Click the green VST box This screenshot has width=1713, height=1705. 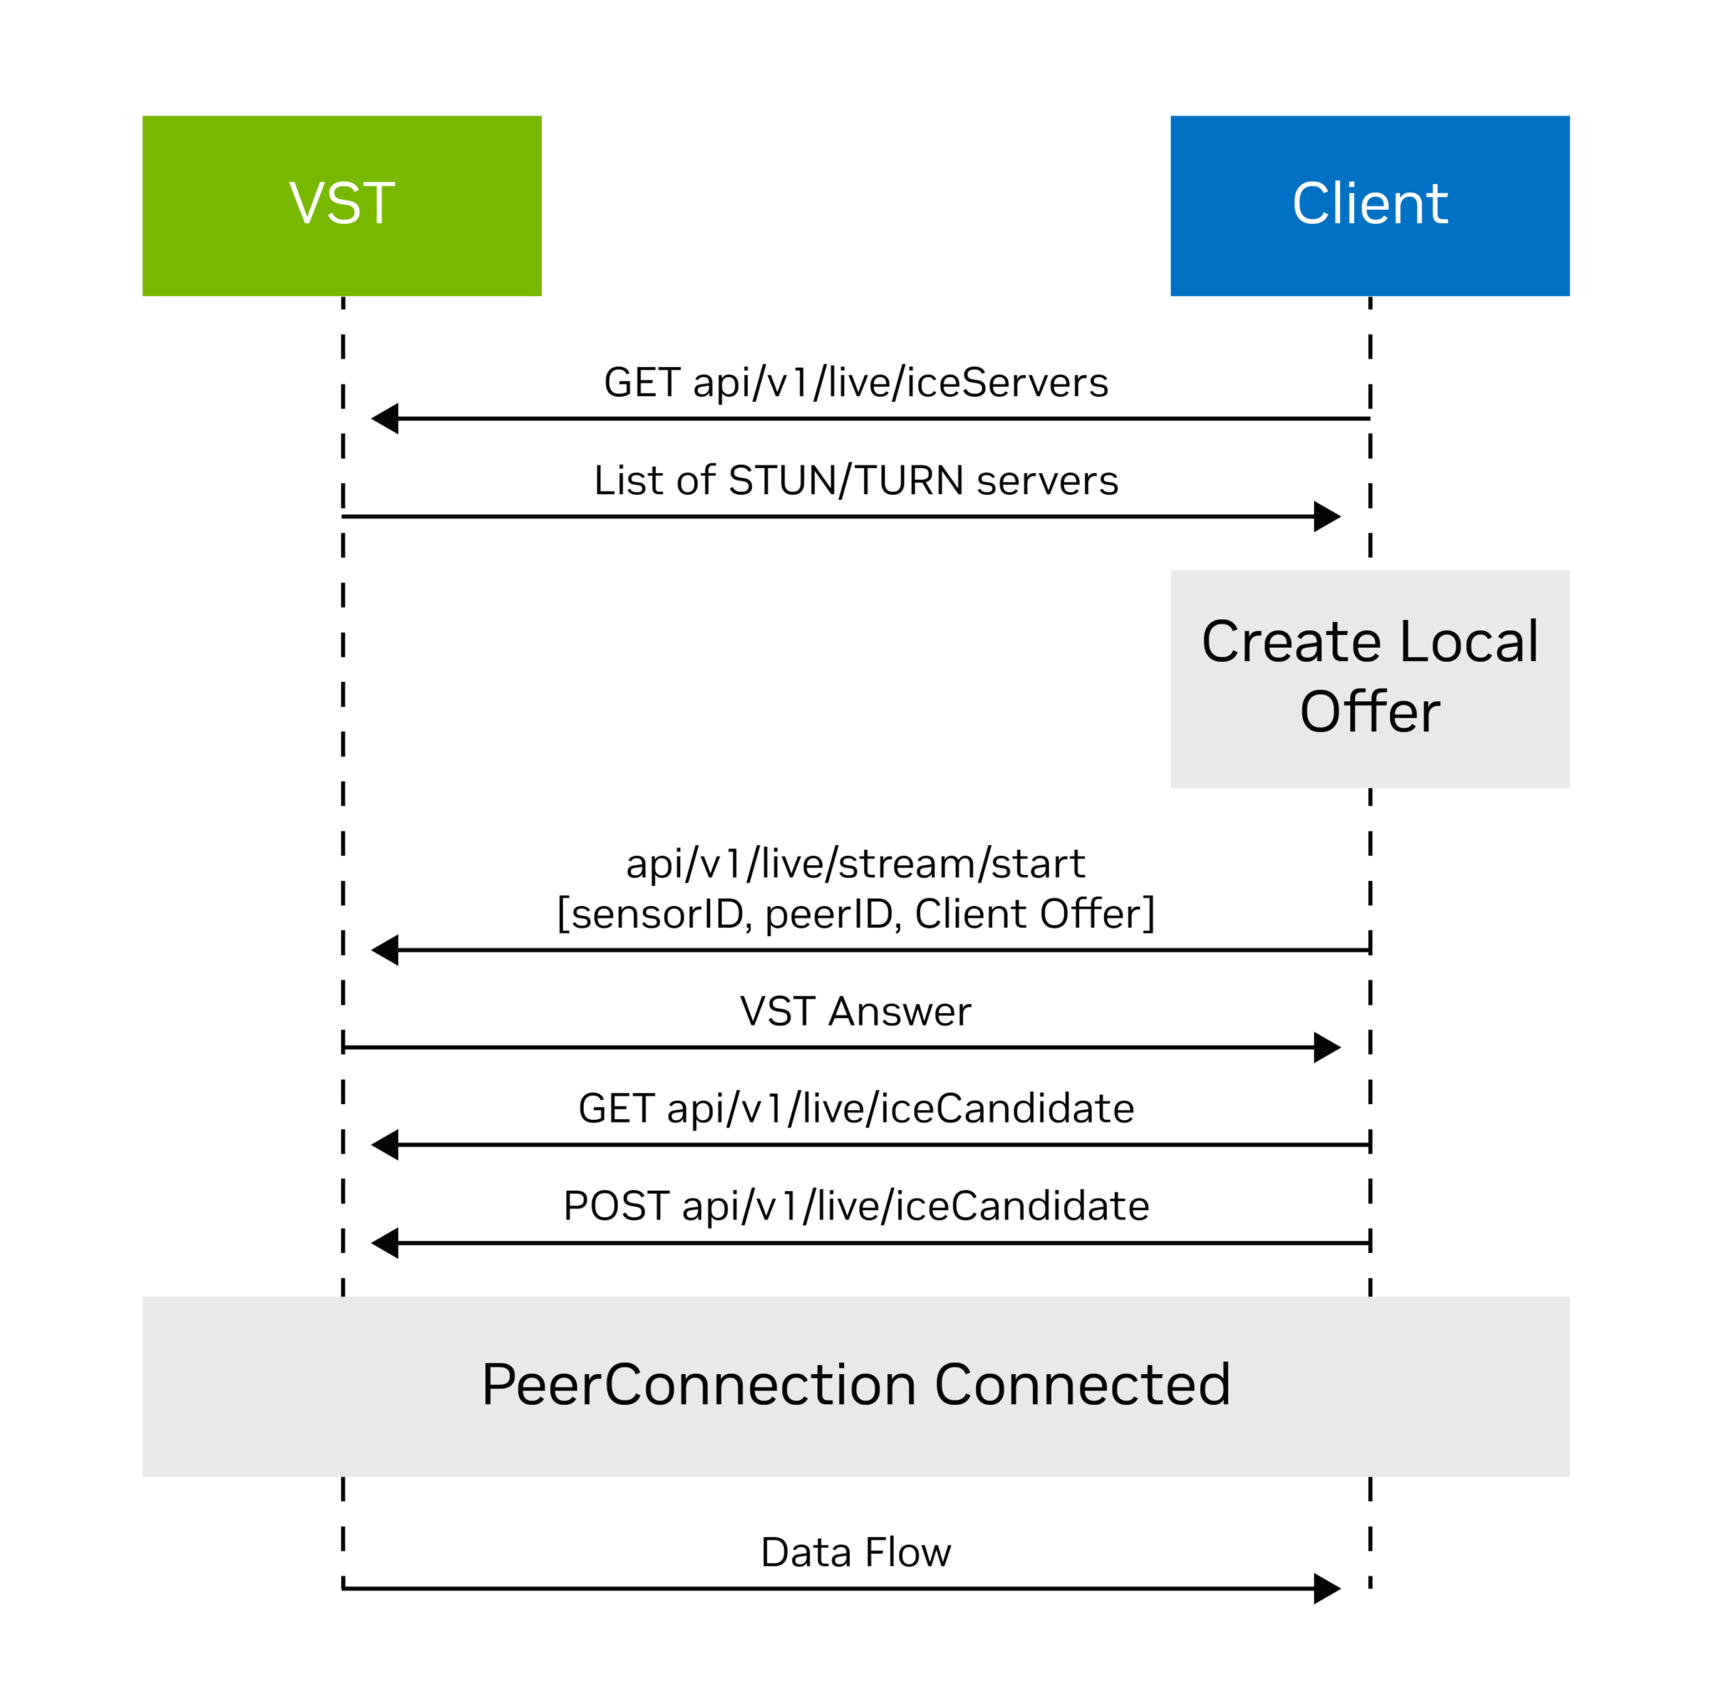pyautogui.click(x=341, y=205)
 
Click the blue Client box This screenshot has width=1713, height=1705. pyautogui.click(x=1369, y=205)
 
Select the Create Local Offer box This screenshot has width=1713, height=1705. pyautogui.click(x=1369, y=678)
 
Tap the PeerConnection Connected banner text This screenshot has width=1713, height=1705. pyautogui.click(x=856, y=1385)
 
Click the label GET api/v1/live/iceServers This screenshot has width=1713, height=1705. pyautogui.click(x=856, y=383)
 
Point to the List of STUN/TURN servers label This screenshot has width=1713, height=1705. pyautogui.click(x=856, y=481)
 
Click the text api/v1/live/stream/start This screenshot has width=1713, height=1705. pyautogui.click(x=856, y=864)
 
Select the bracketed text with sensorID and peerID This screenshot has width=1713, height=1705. pyautogui.click(x=856, y=914)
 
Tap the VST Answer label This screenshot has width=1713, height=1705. pyautogui.click(x=856, y=1011)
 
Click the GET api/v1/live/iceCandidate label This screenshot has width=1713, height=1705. pyautogui.click(x=856, y=1108)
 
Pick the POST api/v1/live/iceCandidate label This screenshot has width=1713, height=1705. pyautogui.click(x=856, y=1206)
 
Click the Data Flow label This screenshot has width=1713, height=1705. pyautogui.click(x=856, y=1553)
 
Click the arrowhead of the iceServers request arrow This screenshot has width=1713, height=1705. pyautogui.click(x=386, y=418)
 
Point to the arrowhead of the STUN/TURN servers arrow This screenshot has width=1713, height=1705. pyautogui.click(x=1326, y=516)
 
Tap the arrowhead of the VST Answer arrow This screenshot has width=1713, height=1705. pyautogui.click(x=1326, y=1046)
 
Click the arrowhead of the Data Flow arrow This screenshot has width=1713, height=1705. pyautogui.click(x=1326, y=1588)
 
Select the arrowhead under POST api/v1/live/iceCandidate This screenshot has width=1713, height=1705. pyautogui.click(x=386, y=1243)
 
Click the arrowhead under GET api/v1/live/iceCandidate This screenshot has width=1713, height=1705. pyautogui.click(x=386, y=1144)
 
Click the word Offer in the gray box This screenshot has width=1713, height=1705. pyautogui.click(x=1369, y=711)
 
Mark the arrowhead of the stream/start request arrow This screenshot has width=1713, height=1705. pyautogui.click(x=386, y=949)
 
